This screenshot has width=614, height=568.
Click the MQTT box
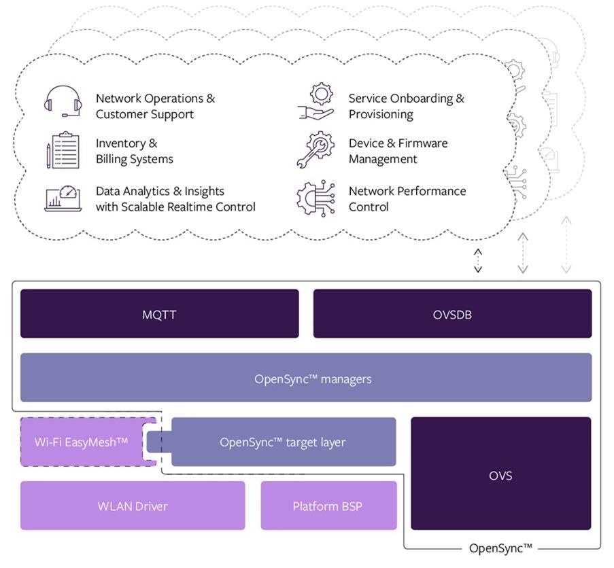pos(159,313)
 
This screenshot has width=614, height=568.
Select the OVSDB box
pos(452,313)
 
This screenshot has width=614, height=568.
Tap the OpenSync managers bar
pos(306,378)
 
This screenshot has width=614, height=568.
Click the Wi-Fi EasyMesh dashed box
pos(82,442)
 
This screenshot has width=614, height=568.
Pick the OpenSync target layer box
pos(283,442)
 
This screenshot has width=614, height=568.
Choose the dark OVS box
pos(500,474)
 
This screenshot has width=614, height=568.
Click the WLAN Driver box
pos(133,505)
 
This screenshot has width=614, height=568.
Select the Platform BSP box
pos(328,505)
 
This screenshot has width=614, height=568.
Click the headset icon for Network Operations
pos(63,102)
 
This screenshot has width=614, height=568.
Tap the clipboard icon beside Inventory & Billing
pos(63,150)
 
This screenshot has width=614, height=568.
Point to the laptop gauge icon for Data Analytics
pos(63,198)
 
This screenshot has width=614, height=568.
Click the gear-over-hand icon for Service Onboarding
pos(316,102)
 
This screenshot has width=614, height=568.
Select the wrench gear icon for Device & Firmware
pos(316,150)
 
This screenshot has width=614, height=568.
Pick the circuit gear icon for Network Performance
pos(316,198)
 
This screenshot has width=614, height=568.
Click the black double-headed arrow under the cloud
pos(478,260)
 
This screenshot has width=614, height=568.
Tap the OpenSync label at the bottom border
pos(500,548)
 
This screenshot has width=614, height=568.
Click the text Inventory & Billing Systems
pos(134,151)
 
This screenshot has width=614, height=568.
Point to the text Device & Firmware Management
pos(398,151)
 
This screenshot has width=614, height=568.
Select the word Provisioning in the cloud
pos(381,114)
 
